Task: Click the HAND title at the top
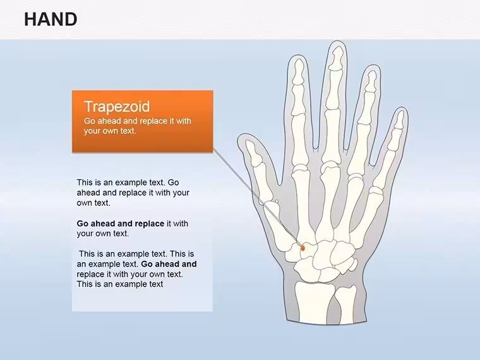pyautogui.click(x=51, y=20)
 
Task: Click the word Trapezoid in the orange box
pyautogui.click(x=117, y=107)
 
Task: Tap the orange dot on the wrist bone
pyautogui.click(x=303, y=248)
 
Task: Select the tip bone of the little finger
pyautogui.click(x=400, y=120)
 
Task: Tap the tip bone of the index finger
pyautogui.click(x=298, y=72)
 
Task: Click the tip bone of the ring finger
pyautogui.click(x=371, y=81)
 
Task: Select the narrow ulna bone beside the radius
pyautogui.click(x=345, y=303)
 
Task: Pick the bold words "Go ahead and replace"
pyautogui.click(x=120, y=224)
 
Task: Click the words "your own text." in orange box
pyautogui.click(x=110, y=131)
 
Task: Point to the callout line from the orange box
pyautogui.click(x=258, y=198)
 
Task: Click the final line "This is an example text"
pyautogui.click(x=120, y=284)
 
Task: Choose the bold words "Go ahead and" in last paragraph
pyautogui.click(x=169, y=264)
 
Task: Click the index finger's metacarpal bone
pyautogui.click(x=304, y=203)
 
